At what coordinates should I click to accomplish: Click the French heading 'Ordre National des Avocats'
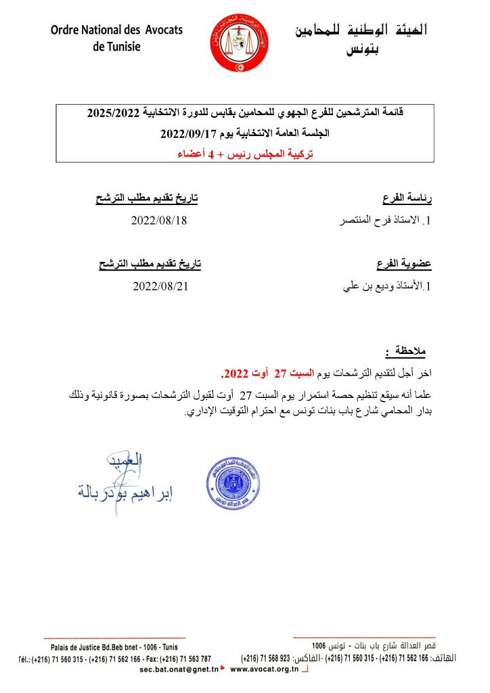pos(116,30)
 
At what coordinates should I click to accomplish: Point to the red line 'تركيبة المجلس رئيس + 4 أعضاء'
pos(246,153)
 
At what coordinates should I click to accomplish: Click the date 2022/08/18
pos(158,221)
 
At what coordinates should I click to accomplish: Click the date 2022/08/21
pos(158,286)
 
